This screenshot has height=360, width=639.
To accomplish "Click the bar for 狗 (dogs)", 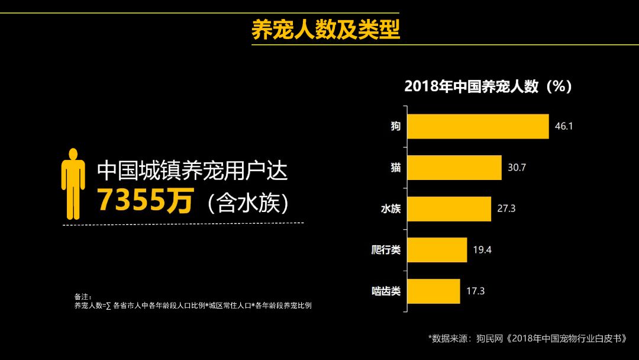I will [x=478, y=126].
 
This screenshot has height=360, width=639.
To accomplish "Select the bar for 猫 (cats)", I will [x=454, y=168].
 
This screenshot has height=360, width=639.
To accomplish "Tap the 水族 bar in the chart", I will [x=449, y=209].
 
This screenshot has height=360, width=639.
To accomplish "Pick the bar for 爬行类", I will [x=437, y=250].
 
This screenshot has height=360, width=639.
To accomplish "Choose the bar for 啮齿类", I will [x=434, y=291].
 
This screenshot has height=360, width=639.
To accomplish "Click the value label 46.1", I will [x=564, y=126].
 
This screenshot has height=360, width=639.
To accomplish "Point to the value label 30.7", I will [x=517, y=168].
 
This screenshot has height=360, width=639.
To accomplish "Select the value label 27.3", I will [x=506, y=209].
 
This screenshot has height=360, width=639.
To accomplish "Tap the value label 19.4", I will [x=482, y=250].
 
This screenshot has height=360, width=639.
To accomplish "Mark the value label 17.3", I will [x=476, y=291].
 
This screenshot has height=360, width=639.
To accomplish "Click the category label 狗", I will [x=395, y=126].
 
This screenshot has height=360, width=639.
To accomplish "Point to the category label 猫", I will [x=395, y=168].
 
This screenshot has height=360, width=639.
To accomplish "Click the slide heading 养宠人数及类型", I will [x=326, y=29].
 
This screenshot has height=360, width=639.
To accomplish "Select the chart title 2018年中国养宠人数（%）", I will [x=488, y=86].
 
